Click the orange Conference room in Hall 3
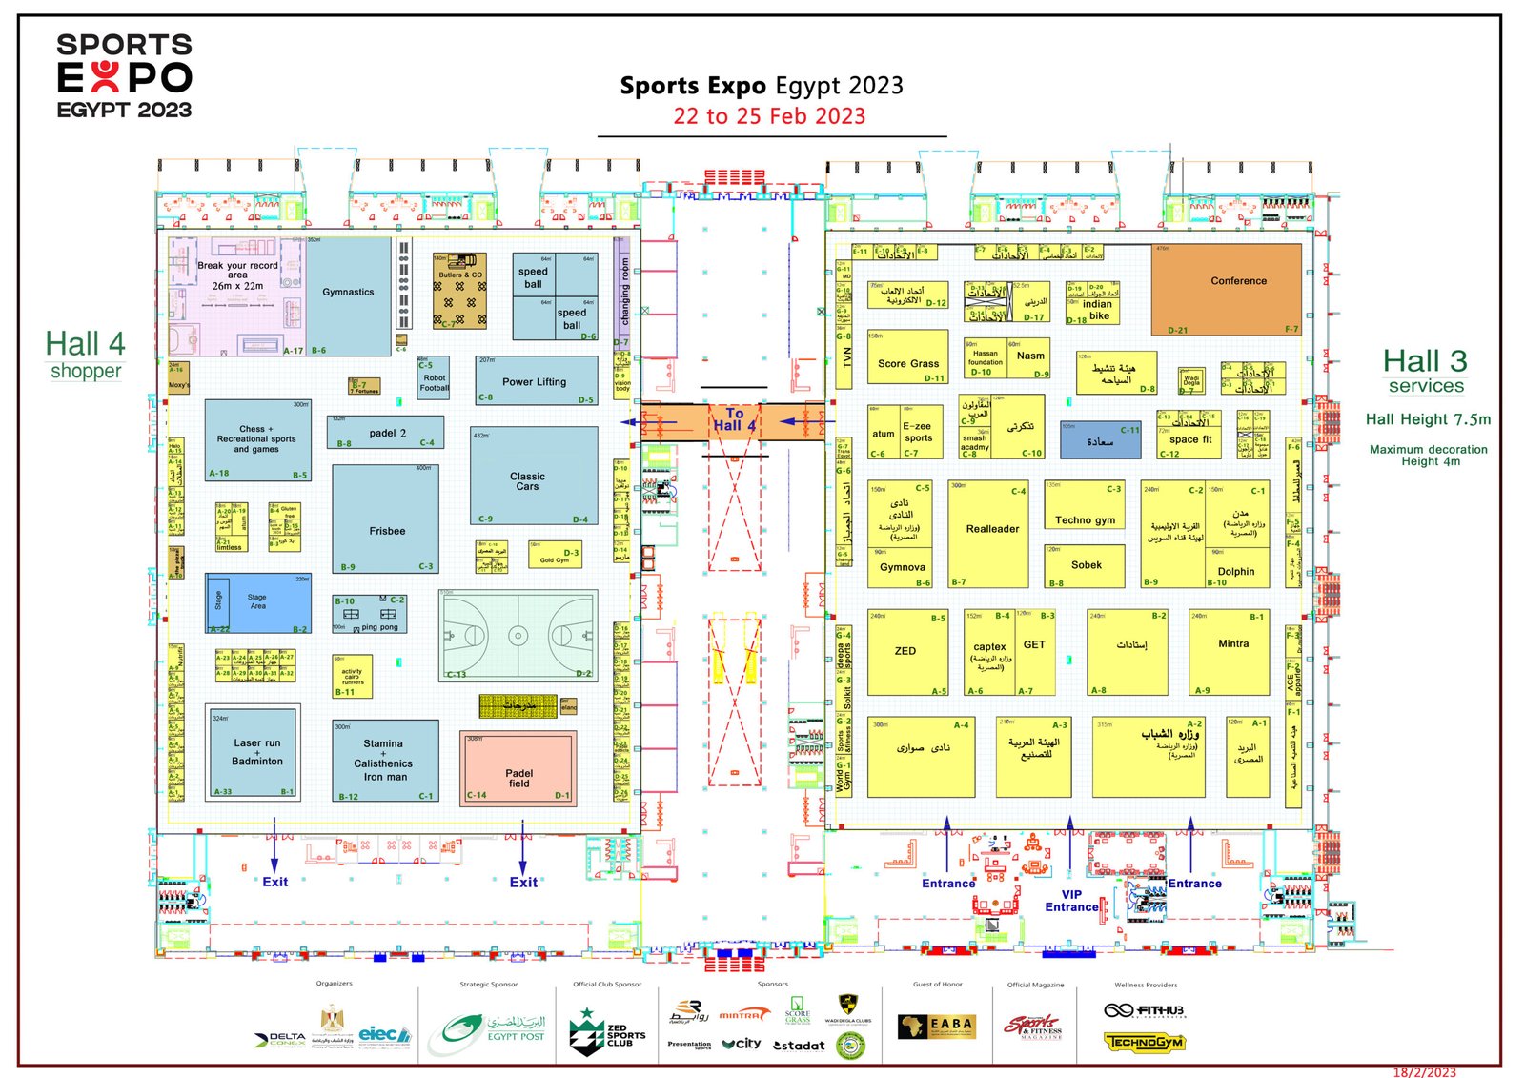pos(1226,289)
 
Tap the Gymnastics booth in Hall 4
pos(349,294)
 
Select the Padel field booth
pos(518,769)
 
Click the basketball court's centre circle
pos(518,635)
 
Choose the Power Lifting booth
pos(535,380)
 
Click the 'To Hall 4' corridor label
pos(734,420)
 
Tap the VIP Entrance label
pos(1071,901)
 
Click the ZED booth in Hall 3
pos(906,651)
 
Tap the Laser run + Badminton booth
pos(256,752)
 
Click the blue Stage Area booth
pos(258,602)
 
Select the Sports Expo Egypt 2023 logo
pos(125,76)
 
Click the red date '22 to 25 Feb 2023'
pos(769,116)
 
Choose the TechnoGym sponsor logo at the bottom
pos(1144,1042)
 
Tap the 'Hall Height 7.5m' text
pos(1428,419)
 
